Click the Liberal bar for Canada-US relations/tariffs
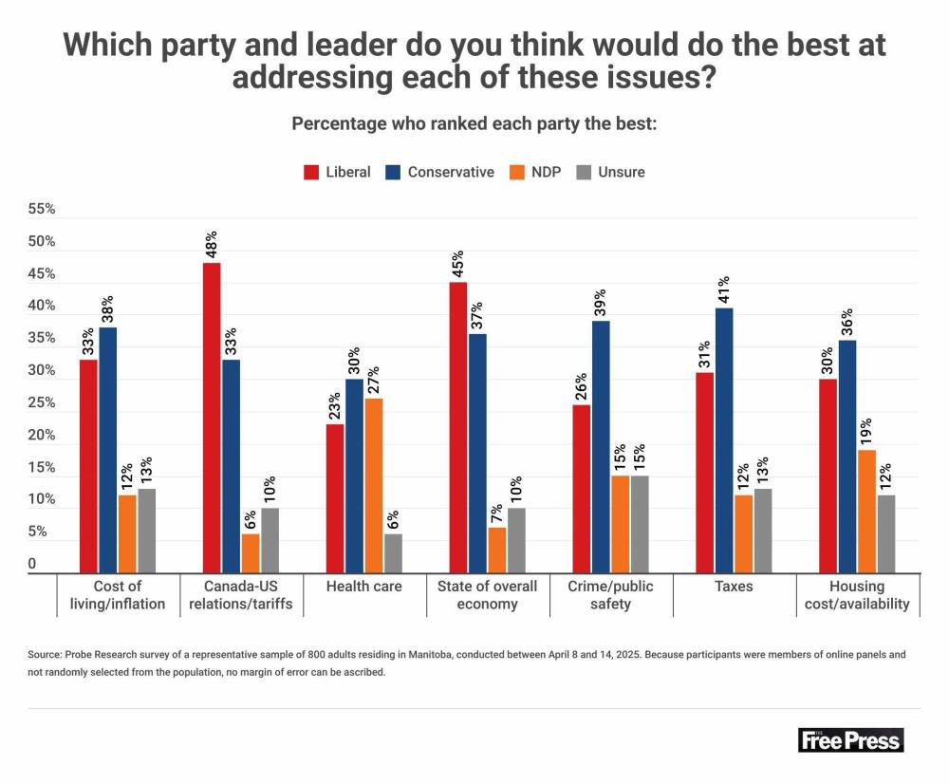pos(212,418)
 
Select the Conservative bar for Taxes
pos(724,440)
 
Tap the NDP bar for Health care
pos(373,485)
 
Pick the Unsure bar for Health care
pos(393,553)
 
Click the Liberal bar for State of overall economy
pos(458,427)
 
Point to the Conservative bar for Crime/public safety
pos(601,446)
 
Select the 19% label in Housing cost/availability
pos(866,433)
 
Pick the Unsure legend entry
pos(611,172)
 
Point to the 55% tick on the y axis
pos(42,210)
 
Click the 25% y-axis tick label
pos(42,403)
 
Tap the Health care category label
pos(363,587)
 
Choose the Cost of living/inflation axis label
pos(117,595)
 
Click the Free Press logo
pos(851,740)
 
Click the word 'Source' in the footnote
pos(45,656)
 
